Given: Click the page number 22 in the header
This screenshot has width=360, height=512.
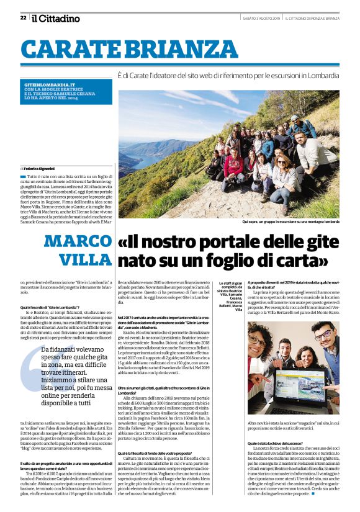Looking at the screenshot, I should pos(23,17).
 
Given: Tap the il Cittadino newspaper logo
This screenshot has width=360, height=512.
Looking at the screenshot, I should pos(56,18).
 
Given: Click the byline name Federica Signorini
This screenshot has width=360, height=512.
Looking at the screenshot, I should pos(38,168).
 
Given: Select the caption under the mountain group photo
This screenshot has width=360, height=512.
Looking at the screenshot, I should pos(290,221).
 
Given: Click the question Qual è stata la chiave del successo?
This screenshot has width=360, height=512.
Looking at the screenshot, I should pos(278,444).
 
